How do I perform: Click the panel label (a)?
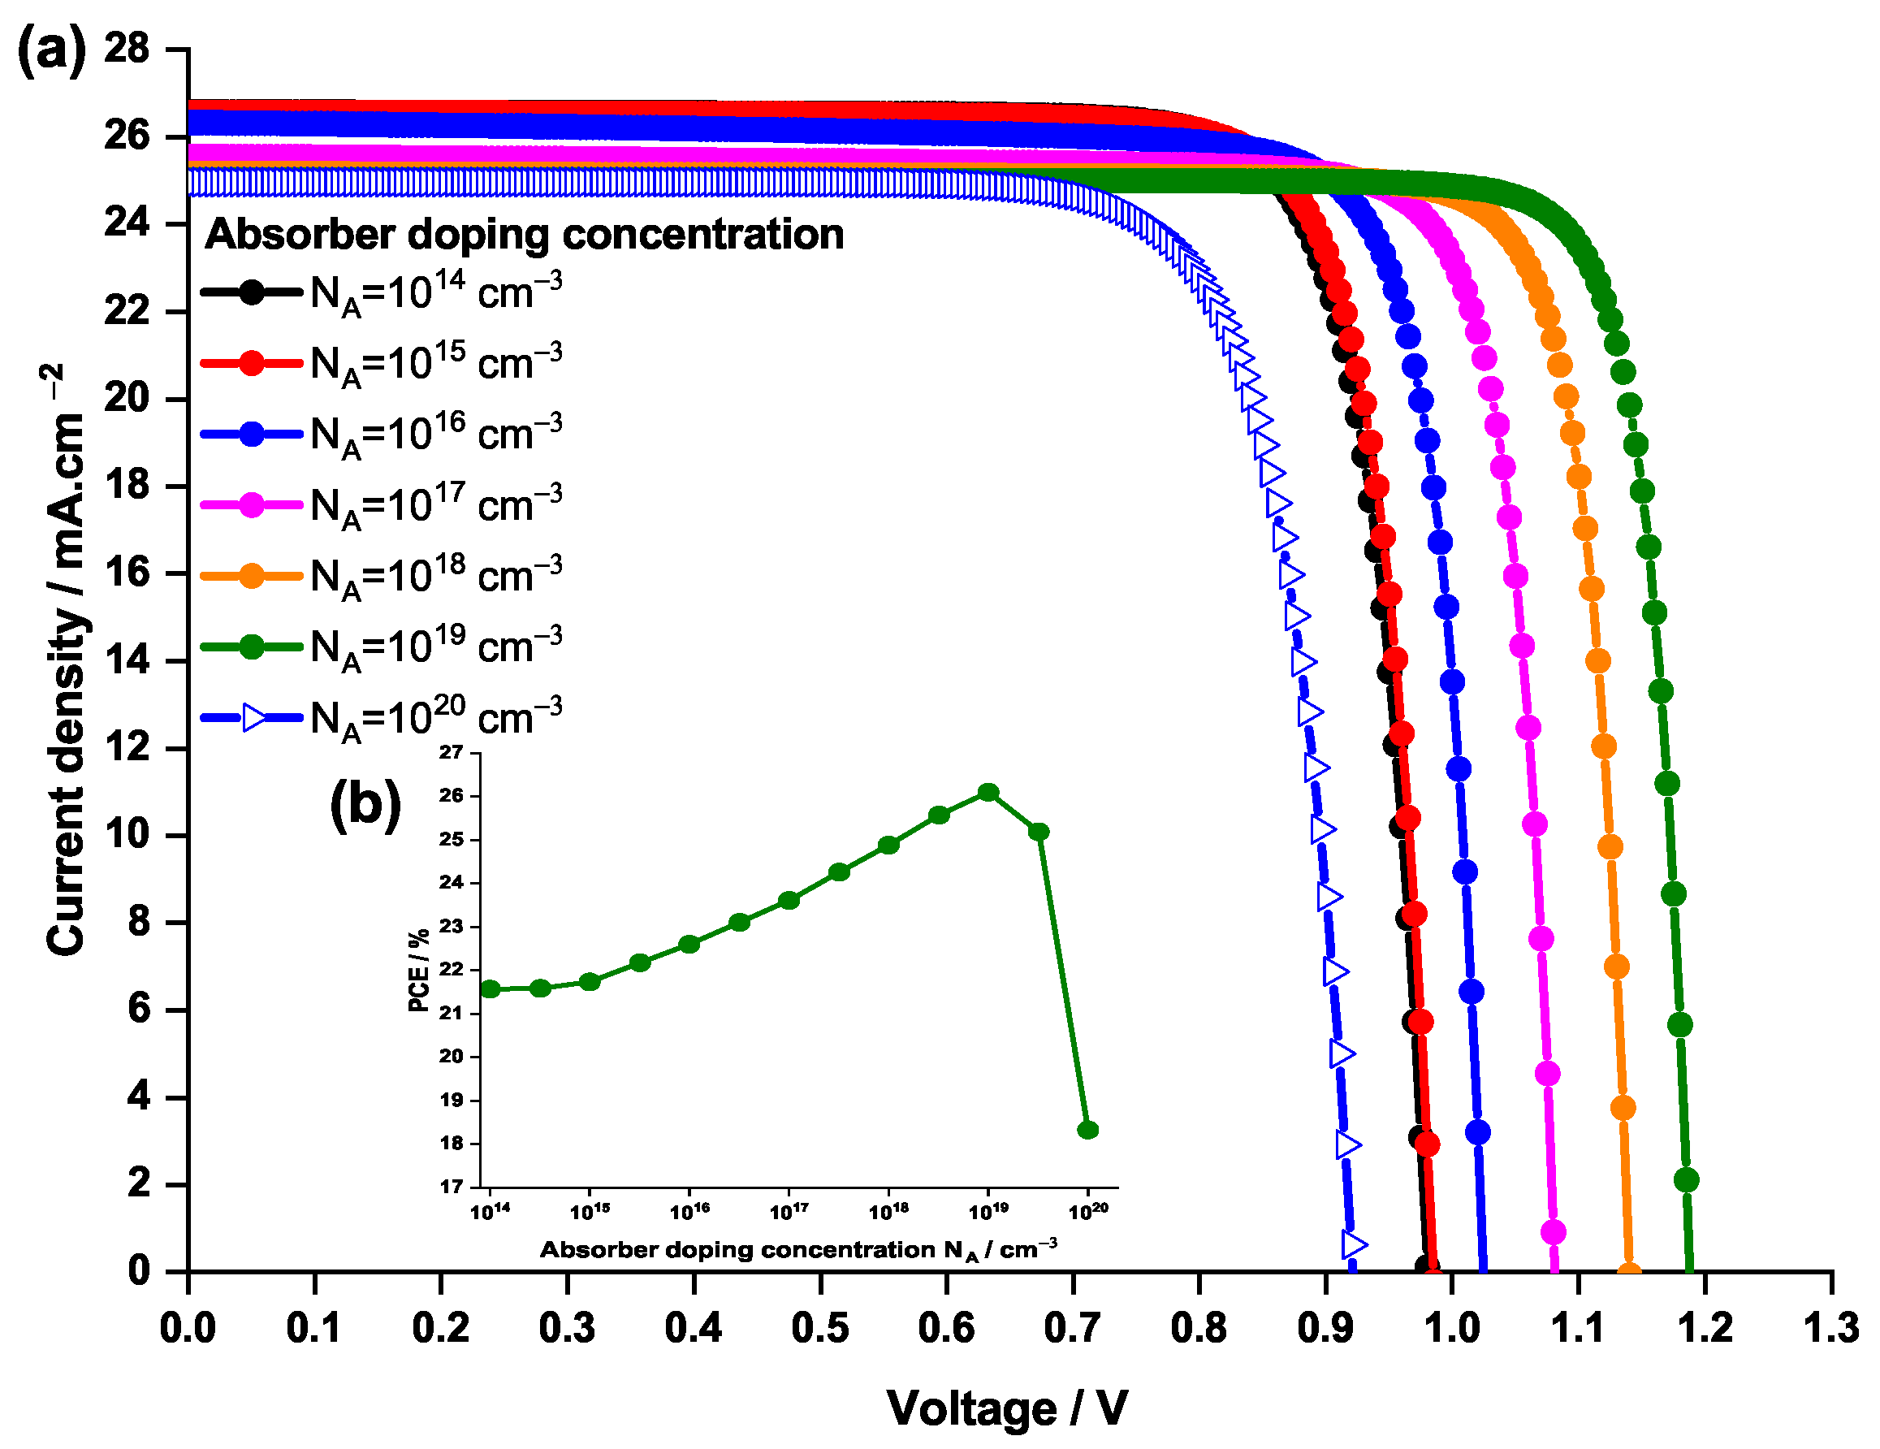(52, 49)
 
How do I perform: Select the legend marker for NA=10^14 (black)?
(252, 292)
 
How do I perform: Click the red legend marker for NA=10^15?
(252, 362)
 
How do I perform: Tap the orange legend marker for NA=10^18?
(252, 575)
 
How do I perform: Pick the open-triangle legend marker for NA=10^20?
(255, 716)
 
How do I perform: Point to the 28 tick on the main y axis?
(127, 48)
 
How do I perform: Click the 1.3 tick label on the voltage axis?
(1829, 1328)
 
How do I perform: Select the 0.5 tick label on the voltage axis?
(819, 1328)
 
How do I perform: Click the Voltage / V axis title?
(1006, 1408)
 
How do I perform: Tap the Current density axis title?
(67, 659)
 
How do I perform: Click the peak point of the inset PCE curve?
(988, 792)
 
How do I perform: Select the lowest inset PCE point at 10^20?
(1087, 1130)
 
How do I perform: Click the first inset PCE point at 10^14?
(490, 989)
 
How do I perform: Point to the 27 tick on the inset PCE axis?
(451, 752)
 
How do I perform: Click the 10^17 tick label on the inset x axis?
(789, 1211)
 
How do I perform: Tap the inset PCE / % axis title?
(418, 971)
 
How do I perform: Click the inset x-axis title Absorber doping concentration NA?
(798, 1249)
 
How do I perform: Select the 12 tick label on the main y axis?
(127, 747)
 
